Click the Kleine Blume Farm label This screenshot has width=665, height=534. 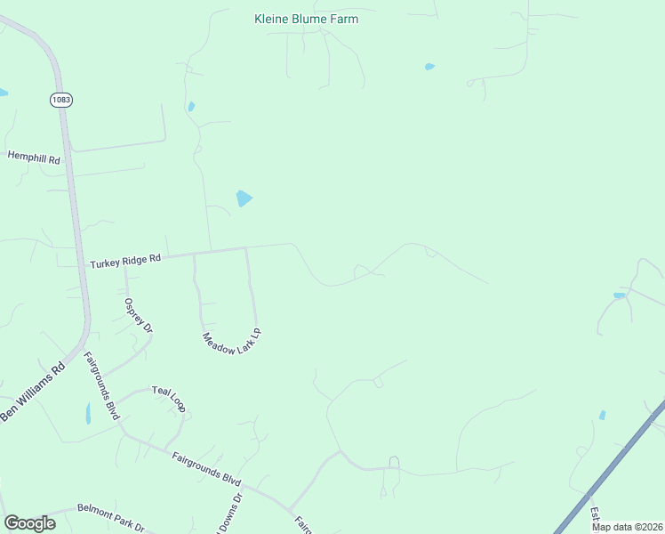pos(306,19)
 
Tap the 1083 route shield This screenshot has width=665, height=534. pos(61,101)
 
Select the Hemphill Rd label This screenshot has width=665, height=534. pos(34,156)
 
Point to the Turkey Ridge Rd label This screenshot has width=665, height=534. pos(125,261)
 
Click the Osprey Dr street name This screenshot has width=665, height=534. pos(139,315)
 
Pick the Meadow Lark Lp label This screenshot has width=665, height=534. pos(232,339)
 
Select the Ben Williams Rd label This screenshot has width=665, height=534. pos(33,392)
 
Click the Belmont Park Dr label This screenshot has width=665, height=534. pos(110,515)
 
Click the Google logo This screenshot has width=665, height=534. pos(29,523)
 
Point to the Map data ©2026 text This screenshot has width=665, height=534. pos(626,527)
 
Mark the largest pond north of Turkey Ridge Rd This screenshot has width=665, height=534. pos(244,198)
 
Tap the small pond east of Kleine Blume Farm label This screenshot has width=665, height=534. pos(430,67)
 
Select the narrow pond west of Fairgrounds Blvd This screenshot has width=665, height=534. pos(87,413)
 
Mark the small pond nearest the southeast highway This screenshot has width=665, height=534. pos(602,415)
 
